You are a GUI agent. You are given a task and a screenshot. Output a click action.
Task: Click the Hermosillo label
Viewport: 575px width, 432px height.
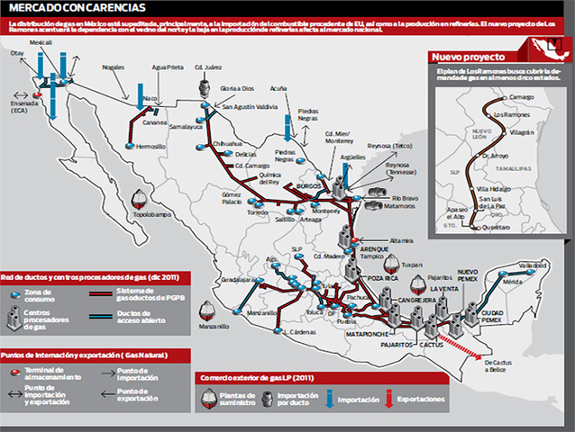coord(152,146)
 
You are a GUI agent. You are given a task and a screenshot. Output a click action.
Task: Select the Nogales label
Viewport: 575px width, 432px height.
coord(114,67)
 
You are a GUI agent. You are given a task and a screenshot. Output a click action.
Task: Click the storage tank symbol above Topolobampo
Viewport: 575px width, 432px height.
coord(139,197)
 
